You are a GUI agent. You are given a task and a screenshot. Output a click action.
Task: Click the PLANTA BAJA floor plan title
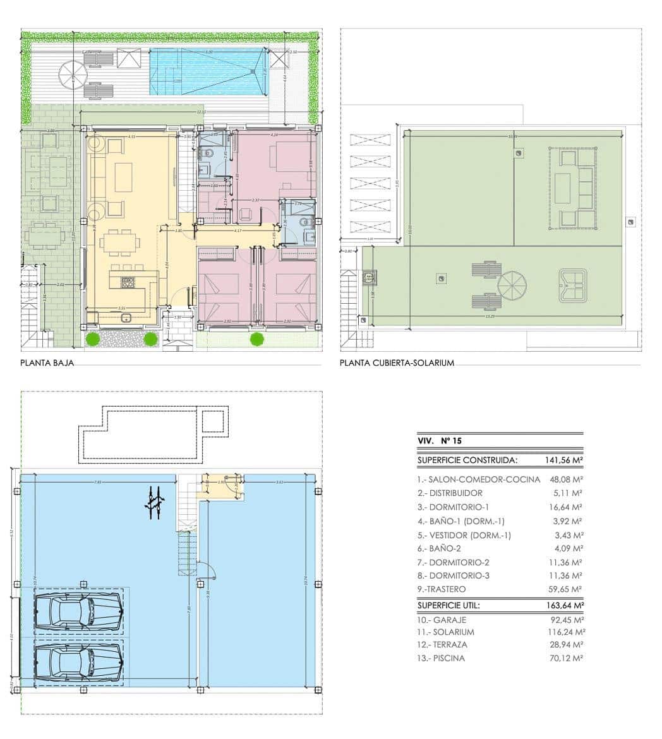pos(47,363)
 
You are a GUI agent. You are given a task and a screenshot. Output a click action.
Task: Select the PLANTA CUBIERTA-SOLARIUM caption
pos(397,363)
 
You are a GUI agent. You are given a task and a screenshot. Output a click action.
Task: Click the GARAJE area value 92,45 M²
pos(564,620)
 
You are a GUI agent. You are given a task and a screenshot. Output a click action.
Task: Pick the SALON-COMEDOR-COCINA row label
pos(478,479)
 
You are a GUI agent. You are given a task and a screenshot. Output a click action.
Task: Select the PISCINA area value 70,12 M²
pos(564,658)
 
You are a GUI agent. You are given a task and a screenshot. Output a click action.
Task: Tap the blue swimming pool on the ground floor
pos(207,71)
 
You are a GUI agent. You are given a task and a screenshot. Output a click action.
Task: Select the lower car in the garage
pos(78,663)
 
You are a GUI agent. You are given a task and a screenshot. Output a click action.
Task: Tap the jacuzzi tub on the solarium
pos(573,285)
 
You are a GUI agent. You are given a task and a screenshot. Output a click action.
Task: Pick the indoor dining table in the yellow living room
pos(119,241)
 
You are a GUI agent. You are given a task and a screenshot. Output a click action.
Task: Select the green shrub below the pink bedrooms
pos(256,339)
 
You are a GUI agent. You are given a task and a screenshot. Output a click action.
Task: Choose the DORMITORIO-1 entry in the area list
pos(453,507)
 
